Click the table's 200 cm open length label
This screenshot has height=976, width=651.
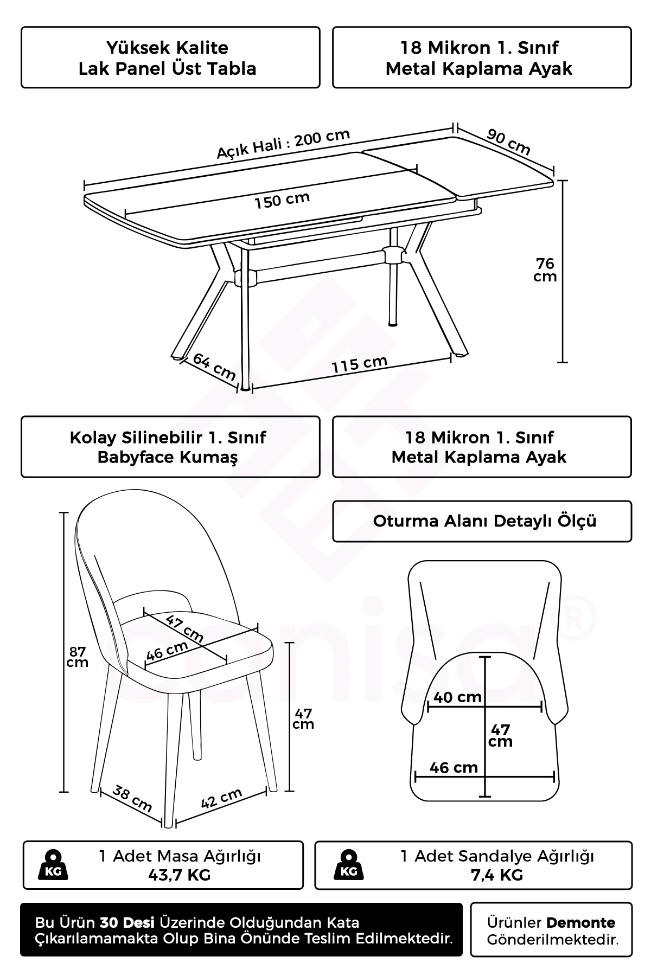[x=283, y=144]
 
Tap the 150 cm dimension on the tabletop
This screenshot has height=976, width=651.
[x=282, y=200]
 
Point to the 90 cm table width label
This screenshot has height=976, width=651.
[x=508, y=142]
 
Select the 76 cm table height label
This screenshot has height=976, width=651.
[x=545, y=269]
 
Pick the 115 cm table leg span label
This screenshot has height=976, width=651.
[x=360, y=364]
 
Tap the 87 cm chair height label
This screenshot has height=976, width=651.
[x=78, y=657]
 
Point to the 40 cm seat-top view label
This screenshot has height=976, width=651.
[x=458, y=697]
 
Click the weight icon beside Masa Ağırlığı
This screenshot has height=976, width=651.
[x=53, y=865]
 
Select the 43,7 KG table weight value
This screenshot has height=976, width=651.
[x=180, y=875]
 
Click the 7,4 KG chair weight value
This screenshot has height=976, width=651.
[x=497, y=875]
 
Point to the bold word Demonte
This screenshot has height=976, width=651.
[x=581, y=922]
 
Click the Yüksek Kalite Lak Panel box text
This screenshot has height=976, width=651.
[x=168, y=58]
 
